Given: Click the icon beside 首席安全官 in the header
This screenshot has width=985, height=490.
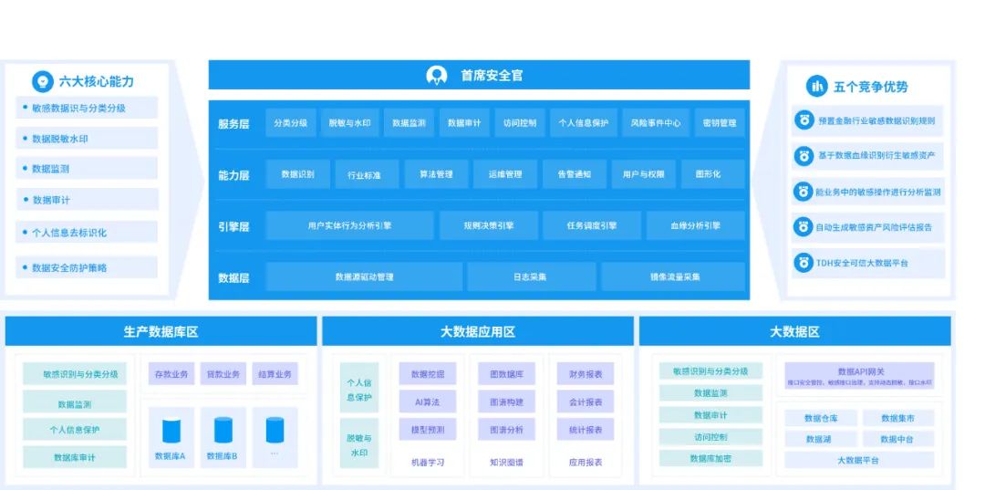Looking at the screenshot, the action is point(437,76).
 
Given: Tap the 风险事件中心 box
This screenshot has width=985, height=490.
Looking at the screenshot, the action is point(656,123).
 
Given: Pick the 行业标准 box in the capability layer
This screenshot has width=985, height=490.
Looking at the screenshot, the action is point(364,174).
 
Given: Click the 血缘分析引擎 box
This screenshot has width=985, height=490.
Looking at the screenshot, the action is point(695,225).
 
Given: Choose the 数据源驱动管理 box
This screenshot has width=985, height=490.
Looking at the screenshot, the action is point(364,276).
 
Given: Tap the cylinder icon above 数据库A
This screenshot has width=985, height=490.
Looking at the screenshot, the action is point(171,431).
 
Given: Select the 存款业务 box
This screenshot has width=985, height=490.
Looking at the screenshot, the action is point(171,374).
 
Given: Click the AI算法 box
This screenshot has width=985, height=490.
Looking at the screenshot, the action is point(427,401).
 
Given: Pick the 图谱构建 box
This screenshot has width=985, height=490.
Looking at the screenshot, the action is point(506,401).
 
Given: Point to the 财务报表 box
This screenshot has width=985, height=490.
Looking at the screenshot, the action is point(585,374).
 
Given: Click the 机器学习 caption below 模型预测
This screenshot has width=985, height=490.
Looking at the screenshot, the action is point(427,463).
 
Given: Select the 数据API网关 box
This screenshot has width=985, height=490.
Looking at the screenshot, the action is point(860,376).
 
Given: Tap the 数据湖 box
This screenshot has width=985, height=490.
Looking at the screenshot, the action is point(818,439).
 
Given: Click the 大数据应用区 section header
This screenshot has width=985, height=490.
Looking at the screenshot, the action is point(477,331).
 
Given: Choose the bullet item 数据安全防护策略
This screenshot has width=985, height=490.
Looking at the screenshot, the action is point(69,268).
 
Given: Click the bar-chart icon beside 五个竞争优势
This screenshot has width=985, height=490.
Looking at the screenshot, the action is point(816,87).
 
